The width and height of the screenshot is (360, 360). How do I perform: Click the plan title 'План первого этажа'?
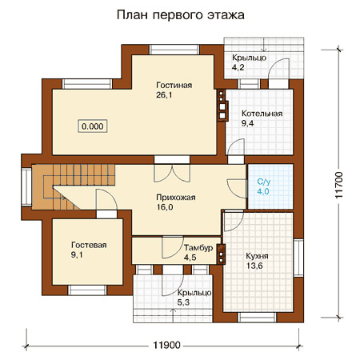181,15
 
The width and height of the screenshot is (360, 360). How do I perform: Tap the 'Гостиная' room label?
174,85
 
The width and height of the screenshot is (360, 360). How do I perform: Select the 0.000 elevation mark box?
93,126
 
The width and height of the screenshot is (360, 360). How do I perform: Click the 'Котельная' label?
262,114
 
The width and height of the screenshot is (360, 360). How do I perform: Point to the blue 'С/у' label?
264,182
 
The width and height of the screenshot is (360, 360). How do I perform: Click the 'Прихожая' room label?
176,198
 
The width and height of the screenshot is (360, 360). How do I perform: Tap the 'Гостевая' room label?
89,245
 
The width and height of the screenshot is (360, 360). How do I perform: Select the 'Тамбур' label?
198,248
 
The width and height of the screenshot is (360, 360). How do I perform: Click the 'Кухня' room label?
257,256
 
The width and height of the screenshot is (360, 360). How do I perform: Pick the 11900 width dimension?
166,346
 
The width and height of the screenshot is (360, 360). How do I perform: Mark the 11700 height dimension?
338,185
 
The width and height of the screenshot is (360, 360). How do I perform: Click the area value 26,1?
164,95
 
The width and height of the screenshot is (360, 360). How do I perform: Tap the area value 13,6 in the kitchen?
254,266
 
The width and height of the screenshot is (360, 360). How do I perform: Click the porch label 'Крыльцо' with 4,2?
249,58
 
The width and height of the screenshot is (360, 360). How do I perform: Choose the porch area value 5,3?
183,302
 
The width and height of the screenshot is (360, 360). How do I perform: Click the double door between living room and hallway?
172,173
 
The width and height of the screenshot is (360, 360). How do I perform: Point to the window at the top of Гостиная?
174,50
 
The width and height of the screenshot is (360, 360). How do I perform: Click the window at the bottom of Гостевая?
87,290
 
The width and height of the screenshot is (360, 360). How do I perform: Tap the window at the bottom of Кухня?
258,318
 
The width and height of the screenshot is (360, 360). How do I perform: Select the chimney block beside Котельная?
222,105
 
